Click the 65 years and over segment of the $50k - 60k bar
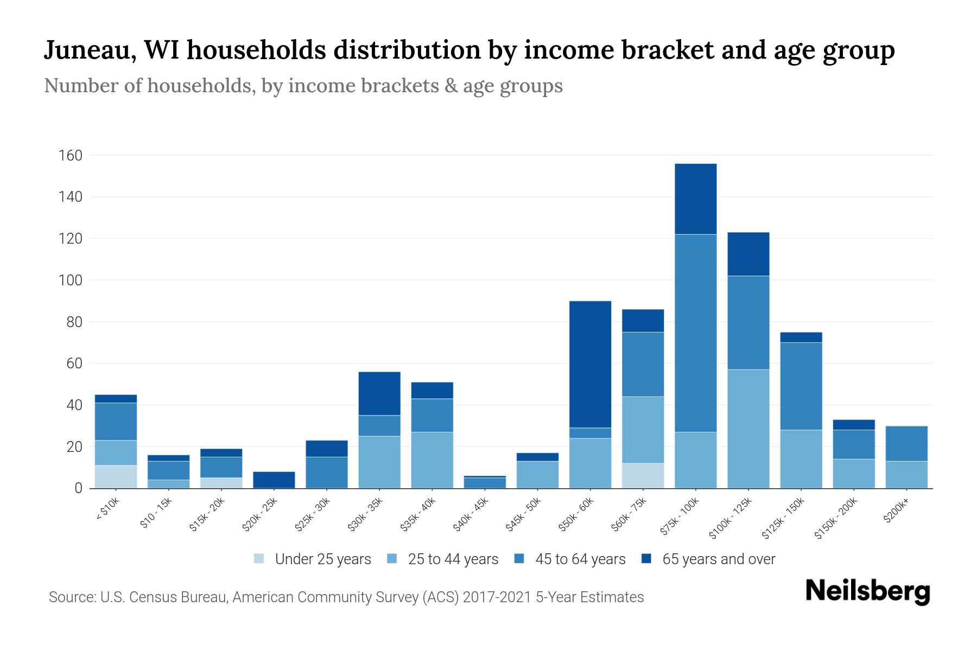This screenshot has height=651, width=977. tap(590, 364)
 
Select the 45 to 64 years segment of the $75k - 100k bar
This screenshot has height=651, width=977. tap(695, 333)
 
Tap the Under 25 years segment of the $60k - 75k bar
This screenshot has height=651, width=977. tap(643, 475)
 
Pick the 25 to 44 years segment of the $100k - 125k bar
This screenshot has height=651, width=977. tap(748, 429)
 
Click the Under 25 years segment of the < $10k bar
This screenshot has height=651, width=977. tap(116, 476)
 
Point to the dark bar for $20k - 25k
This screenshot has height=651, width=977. tap(274, 480)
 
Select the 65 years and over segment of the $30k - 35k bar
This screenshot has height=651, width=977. tap(379, 393)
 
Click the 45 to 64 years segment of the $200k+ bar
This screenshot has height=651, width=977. tap(906, 443)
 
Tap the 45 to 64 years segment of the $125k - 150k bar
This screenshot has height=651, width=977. tap(801, 386)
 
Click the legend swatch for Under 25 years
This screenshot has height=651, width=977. tap(259, 559)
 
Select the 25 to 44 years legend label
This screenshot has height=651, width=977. tap(453, 559)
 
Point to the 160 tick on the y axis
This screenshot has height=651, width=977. tap(70, 156)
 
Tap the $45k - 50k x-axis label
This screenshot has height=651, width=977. tap(522, 515)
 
